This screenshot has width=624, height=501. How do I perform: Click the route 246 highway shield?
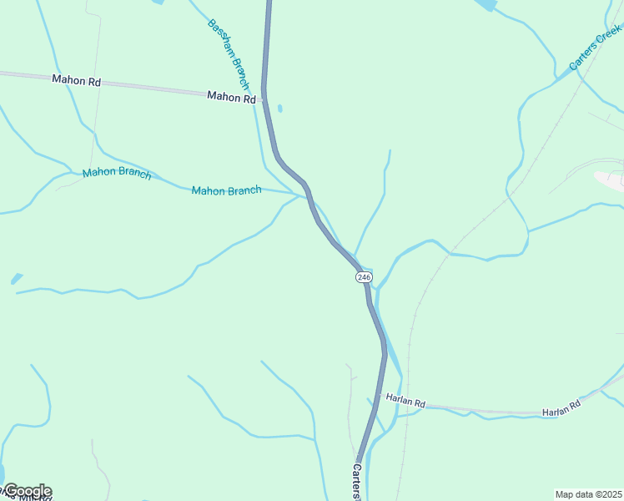[364, 276]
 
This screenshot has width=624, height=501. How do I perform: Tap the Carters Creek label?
[596, 47]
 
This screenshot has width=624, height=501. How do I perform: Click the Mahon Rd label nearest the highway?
[231, 98]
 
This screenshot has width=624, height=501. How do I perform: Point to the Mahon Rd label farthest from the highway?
[76, 80]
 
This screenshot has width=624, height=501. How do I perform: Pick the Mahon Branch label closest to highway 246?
[226, 190]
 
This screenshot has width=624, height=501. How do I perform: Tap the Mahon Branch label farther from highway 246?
[117, 174]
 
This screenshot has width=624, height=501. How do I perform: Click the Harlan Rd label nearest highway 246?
[406, 403]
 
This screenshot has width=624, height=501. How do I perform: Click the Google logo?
[27, 491]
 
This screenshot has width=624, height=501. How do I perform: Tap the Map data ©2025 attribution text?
[588, 494]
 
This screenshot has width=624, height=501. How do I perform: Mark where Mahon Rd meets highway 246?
[264, 99]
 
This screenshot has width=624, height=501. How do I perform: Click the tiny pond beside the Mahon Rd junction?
[279, 108]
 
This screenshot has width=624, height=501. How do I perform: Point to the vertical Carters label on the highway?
[357, 483]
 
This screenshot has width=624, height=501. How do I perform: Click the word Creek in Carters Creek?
[608, 36]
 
